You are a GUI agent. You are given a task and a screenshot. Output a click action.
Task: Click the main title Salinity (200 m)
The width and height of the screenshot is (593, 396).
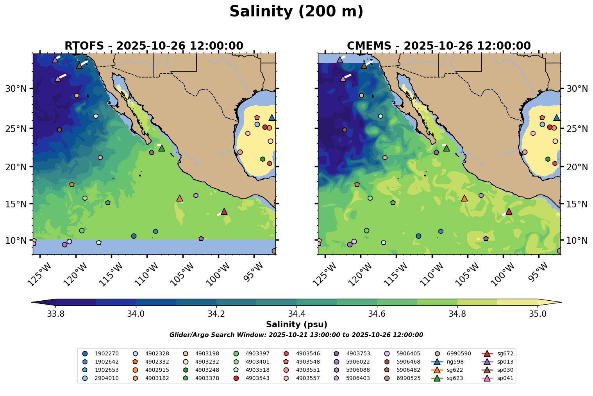296,12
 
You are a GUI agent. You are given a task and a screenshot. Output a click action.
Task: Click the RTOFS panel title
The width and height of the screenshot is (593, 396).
154,46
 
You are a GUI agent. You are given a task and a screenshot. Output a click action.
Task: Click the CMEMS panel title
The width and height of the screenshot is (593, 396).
439,46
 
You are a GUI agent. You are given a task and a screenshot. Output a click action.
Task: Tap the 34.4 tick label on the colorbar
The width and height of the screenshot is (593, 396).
296,314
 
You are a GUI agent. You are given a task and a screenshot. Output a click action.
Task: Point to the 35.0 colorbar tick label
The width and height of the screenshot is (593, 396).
538,314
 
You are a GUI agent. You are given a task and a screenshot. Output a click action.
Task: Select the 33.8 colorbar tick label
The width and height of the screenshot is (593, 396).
55,314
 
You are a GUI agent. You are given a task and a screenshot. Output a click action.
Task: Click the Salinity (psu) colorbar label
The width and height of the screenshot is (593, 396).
296,325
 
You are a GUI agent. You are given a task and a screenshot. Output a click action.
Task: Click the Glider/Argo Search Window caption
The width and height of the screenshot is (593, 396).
296,335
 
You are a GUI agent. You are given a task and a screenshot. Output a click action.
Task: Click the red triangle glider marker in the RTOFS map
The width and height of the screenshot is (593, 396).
224,211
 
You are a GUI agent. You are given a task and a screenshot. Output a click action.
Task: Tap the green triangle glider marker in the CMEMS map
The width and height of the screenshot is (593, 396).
446,148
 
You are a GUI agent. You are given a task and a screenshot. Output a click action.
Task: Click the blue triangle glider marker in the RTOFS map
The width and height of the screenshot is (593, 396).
272,118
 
